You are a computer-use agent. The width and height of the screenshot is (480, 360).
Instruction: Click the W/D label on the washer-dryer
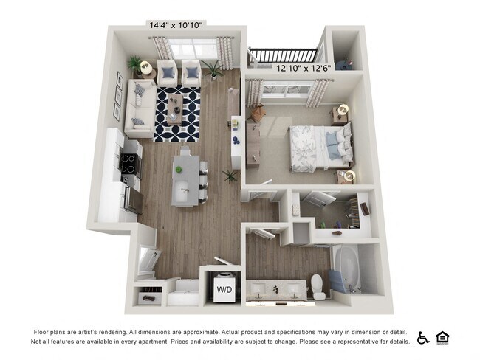point(224,289)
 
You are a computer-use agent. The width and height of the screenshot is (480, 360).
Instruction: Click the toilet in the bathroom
point(318,284)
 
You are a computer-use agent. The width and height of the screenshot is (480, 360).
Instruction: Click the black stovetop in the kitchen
point(130,162)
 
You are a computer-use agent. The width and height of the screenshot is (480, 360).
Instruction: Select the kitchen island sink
point(182,194)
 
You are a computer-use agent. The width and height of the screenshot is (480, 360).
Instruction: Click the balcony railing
point(283,54)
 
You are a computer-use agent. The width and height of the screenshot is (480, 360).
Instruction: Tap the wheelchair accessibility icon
point(423,338)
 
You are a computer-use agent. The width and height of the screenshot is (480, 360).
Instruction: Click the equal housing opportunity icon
point(443,337)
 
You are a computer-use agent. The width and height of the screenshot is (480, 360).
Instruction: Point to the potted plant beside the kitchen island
point(231,176)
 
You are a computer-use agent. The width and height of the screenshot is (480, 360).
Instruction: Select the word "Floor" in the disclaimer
point(43,331)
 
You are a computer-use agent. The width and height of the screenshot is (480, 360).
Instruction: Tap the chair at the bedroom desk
point(257,114)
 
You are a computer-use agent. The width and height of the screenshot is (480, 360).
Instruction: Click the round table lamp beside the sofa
point(145,67)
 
